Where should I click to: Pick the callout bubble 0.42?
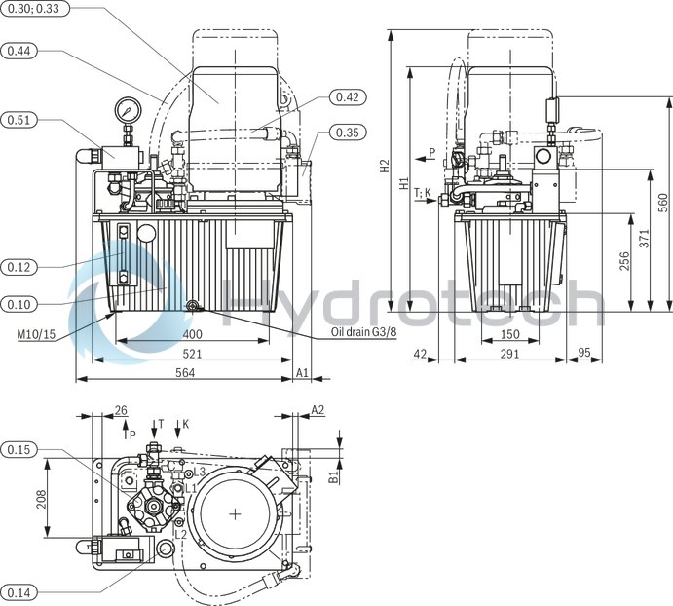[348, 97]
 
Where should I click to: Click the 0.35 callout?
[348, 133]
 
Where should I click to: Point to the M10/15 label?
[35, 334]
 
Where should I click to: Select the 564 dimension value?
[184, 373]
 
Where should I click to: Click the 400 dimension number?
[192, 334]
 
